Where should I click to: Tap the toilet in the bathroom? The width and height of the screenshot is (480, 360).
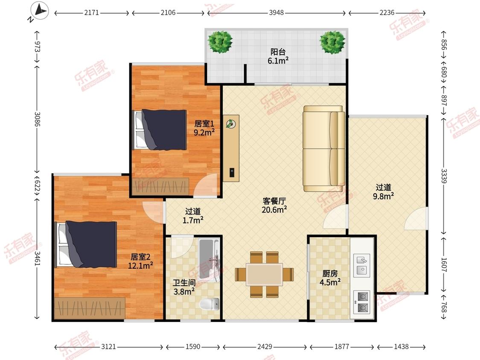tap(209, 304)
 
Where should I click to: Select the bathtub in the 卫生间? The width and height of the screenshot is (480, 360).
tap(209, 260)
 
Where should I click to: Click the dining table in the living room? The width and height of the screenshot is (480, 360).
tap(264, 275)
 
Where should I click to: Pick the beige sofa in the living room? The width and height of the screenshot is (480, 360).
tap(324, 149)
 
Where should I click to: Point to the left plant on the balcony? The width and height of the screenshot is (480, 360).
tap(220, 42)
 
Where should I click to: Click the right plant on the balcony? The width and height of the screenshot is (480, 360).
tap(332, 42)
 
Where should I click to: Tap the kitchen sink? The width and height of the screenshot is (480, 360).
tap(362, 265)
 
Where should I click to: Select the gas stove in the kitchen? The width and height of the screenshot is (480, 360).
tap(362, 302)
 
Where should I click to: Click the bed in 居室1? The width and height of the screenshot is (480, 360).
tap(160, 130)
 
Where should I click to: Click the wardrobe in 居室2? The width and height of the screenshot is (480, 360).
tap(90, 308)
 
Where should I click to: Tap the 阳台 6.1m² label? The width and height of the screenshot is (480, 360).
tap(278, 56)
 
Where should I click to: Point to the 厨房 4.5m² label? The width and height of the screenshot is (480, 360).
tap(330, 278)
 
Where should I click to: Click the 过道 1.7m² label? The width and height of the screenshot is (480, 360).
tap(193, 216)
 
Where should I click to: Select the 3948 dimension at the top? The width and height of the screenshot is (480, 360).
tap(276, 13)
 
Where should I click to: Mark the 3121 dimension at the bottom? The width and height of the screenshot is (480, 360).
tap(109, 347)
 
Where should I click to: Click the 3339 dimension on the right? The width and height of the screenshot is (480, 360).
tap(444, 176)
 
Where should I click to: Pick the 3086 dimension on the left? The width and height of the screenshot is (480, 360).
tap(37, 119)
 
